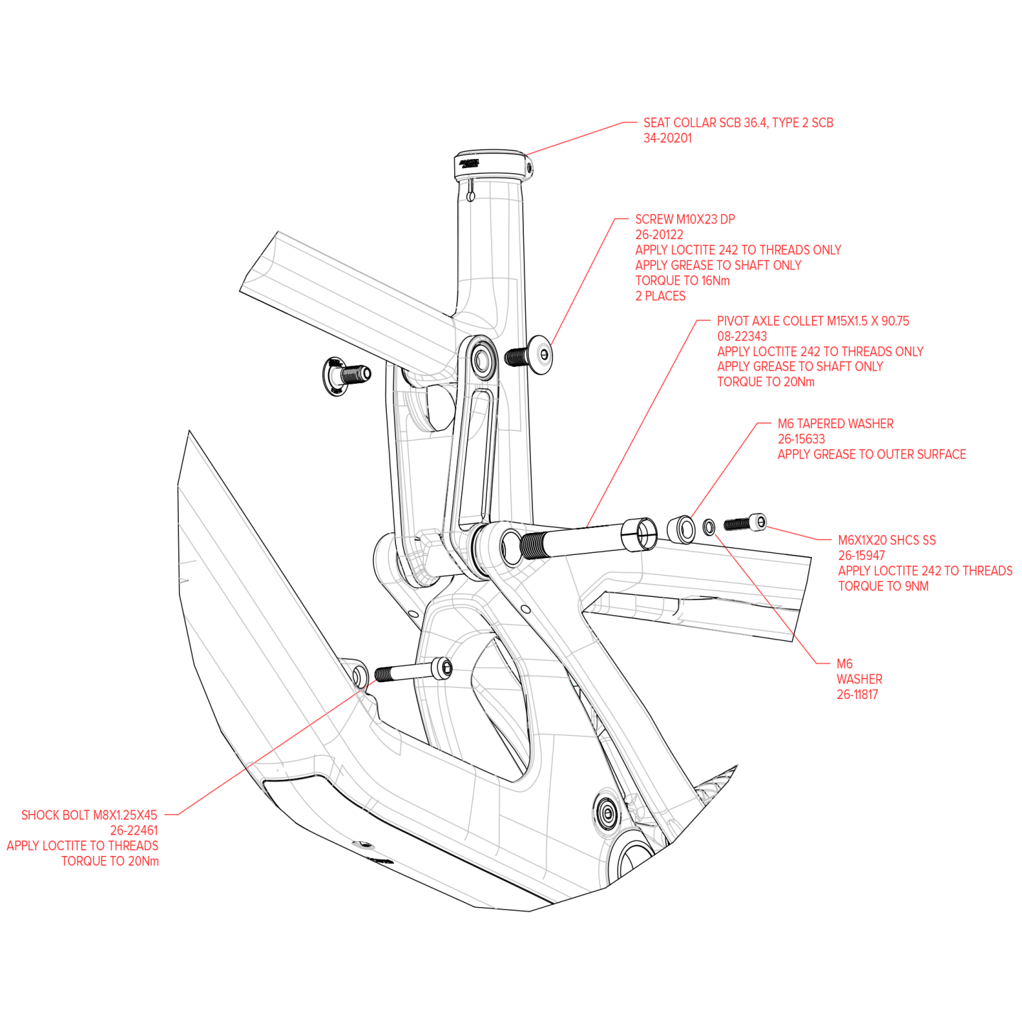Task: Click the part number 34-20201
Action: pos(667,138)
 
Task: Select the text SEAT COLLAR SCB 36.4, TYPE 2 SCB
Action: pos(738,123)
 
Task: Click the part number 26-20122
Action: pos(659,234)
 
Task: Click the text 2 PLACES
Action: pos(660,296)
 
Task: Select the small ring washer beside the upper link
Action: pos(544,354)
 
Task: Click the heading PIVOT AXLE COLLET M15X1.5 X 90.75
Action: pos(813,321)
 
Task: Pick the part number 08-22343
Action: pos(742,336)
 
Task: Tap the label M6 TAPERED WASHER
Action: pos(835,424)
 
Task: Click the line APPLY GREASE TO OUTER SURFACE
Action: pos(872,454)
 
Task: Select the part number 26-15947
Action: pos(861,556)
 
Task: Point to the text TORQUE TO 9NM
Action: pos(883,586)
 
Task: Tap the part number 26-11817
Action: pos(857,695)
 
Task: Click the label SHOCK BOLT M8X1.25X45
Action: pos(89,815)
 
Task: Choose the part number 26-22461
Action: pos(133,830)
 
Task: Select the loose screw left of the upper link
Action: pos(346,374)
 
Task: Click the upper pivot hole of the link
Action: pos(483,361)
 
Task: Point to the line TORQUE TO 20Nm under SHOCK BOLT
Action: pos(110,862)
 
